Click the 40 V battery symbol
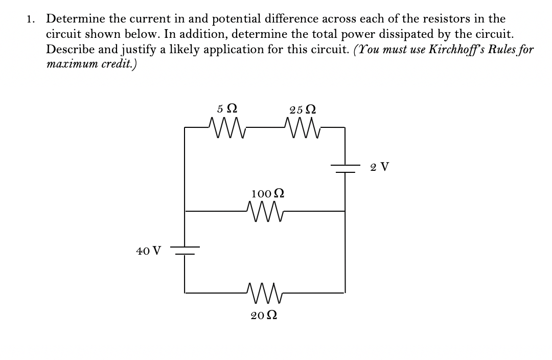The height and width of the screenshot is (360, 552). [185, 251]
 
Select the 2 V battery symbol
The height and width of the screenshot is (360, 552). [345, 169]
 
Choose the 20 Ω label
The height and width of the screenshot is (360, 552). [264, 315]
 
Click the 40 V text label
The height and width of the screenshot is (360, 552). [148, 251]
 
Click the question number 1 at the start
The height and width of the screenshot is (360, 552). [31, 19]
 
